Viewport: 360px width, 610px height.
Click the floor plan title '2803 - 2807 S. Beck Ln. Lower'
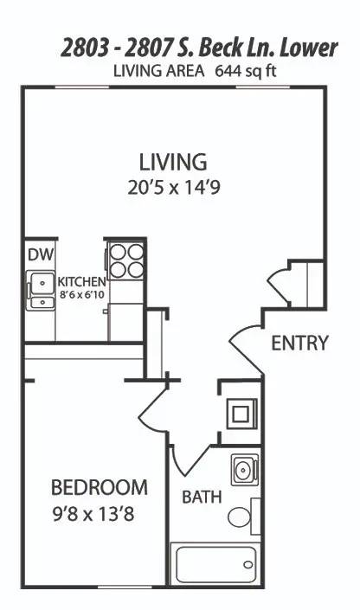199,48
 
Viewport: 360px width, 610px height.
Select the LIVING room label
173,162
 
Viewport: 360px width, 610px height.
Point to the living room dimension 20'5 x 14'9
173,187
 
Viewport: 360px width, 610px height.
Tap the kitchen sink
40,290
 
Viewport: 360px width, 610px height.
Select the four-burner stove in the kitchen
125,260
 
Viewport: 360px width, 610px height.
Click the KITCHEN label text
81,282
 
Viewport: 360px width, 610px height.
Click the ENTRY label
299,344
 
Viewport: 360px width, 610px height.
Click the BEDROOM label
99,487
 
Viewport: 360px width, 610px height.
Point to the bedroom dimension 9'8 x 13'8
97,516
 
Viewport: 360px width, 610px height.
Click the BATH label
202,498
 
